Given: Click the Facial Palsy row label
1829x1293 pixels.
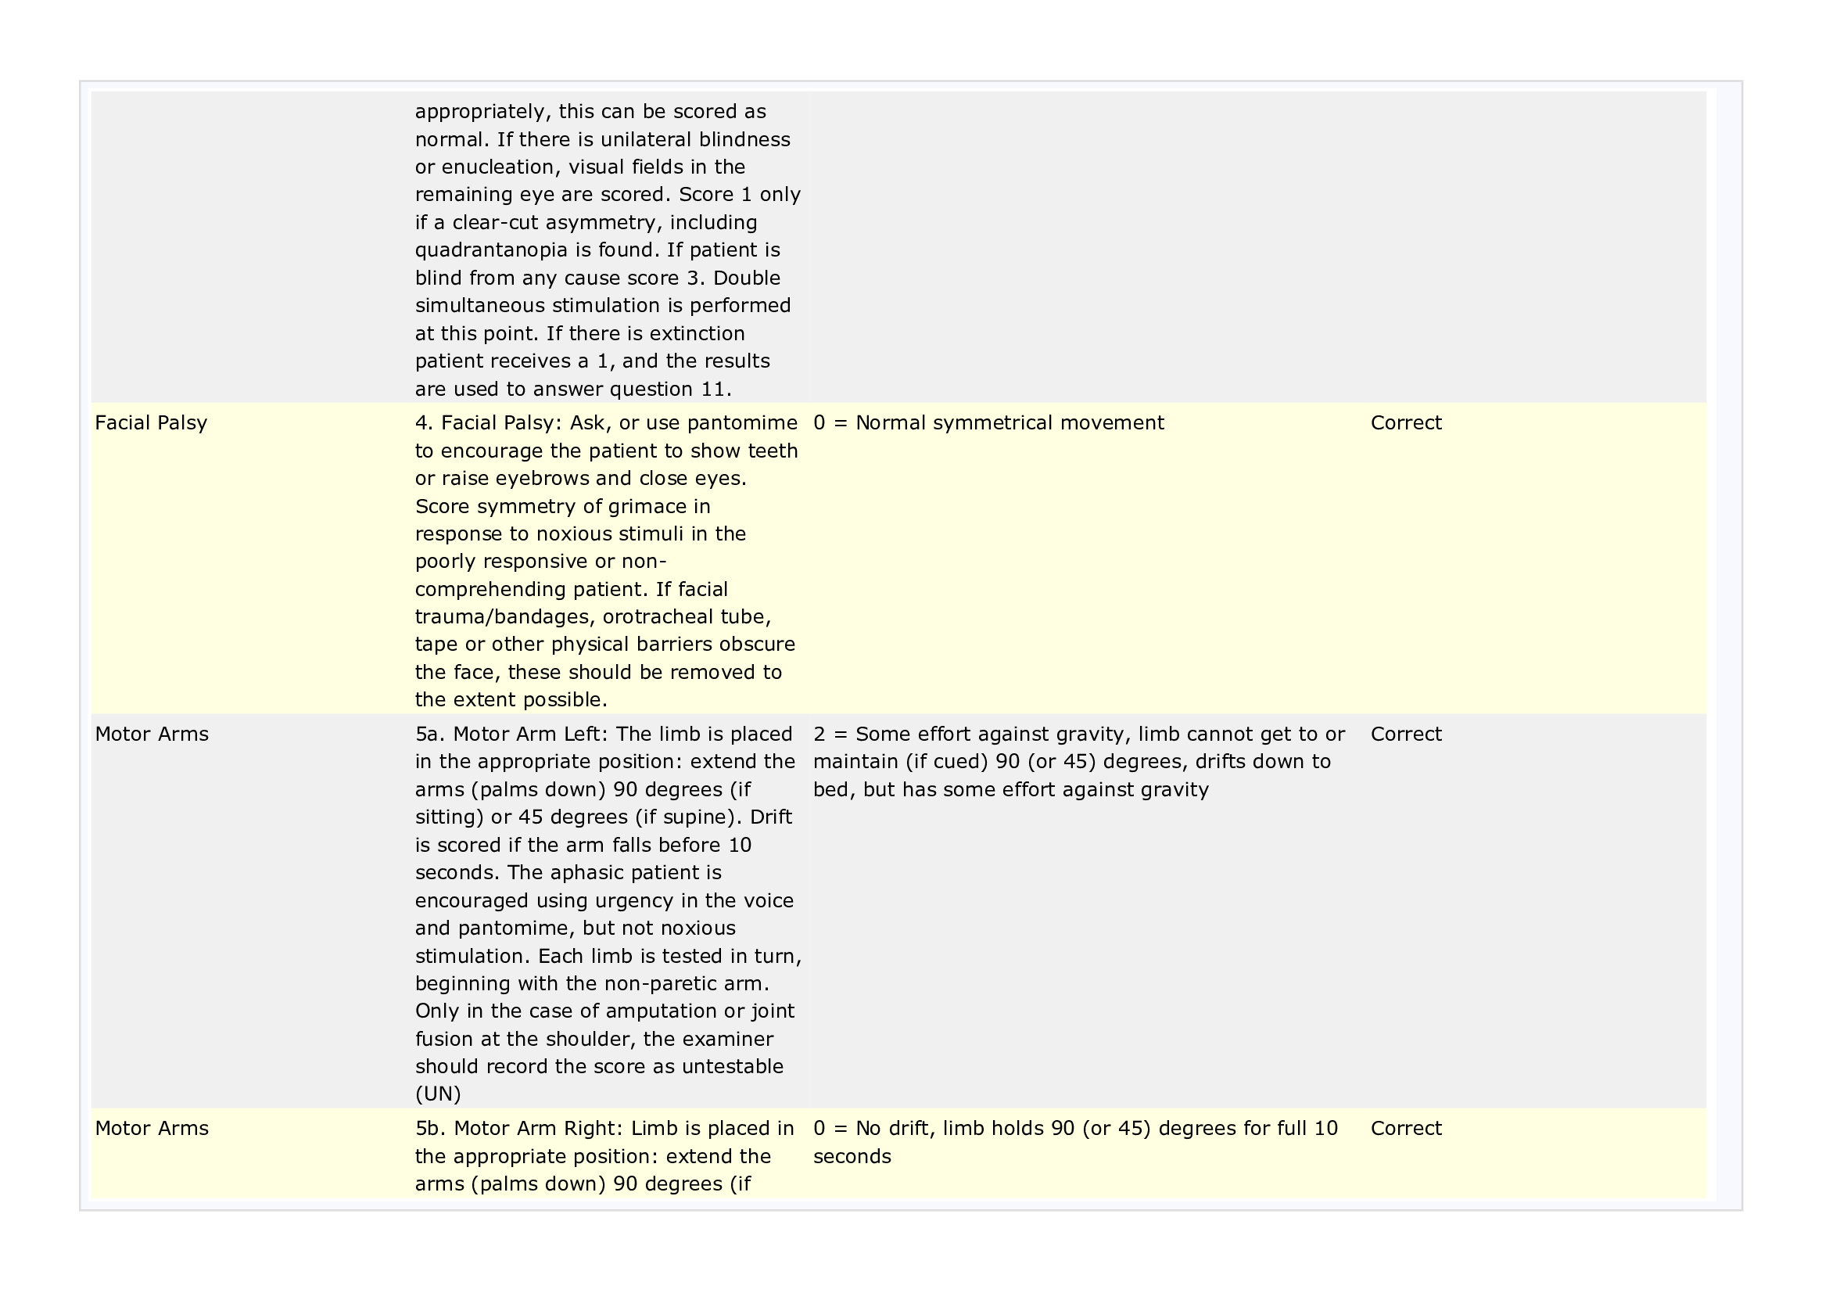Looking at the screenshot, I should [151, 423].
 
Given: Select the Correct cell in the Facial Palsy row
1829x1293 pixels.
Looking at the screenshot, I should [1405, 423].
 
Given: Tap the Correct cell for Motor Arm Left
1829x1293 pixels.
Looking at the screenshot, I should [1405, 734].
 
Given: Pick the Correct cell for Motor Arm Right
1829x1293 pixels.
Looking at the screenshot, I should [1405, 1128].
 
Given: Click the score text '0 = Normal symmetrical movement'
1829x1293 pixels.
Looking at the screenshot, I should [988, 423].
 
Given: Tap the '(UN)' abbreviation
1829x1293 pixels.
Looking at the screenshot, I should [437, 1094].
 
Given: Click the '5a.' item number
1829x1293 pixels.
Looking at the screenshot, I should [430, 734].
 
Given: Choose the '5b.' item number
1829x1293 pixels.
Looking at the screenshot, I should [431, 1128].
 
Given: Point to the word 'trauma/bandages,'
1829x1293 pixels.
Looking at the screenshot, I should [505, 617].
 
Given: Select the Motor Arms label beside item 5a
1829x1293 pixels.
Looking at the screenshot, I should [152, 734].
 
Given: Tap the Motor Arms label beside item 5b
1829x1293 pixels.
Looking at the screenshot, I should [152, 1128].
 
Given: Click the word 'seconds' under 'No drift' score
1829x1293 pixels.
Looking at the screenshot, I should [852, 1157].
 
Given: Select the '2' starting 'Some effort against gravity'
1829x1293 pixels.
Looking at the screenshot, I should [819, 734].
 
